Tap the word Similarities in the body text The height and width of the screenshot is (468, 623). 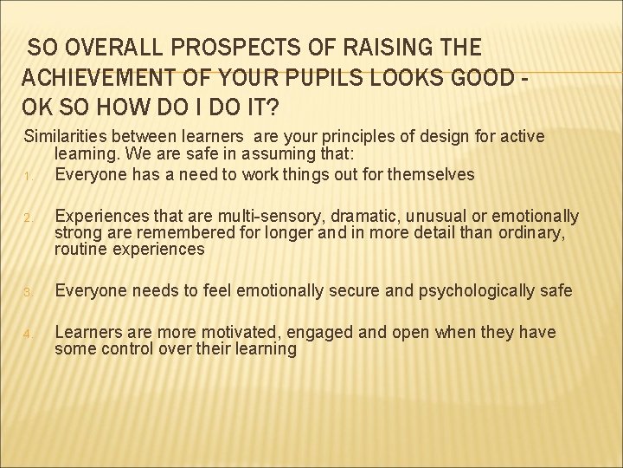[x=66, y=136]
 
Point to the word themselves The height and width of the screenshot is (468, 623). [x=430, y=174]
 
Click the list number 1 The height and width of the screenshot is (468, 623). [x=28, y=176]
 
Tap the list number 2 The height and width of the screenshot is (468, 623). [x=28, y=218]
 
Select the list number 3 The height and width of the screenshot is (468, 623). [x=28, y=292]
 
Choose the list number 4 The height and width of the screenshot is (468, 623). [x=28, y=334]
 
